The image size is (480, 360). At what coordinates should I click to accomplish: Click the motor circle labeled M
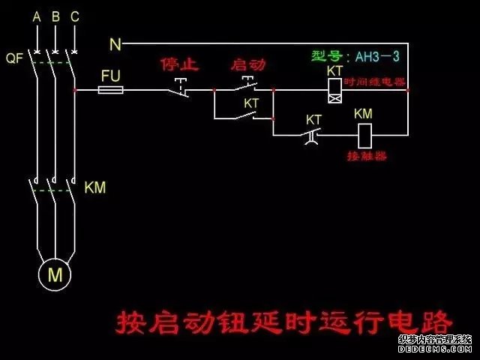pos(55,275)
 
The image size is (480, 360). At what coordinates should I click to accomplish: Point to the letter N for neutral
pos(115,45)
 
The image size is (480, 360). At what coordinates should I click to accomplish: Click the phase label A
pos(36,16)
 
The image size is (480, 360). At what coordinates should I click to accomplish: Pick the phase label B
pos(55,16)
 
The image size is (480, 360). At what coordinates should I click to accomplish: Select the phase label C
pos(74,16)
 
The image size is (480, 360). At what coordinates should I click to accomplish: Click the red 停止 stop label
pos(179,64)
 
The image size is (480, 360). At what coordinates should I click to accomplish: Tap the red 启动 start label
pos(248,64)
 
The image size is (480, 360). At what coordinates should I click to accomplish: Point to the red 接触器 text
pos(367,157)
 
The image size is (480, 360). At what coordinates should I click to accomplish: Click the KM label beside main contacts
pos(95,187)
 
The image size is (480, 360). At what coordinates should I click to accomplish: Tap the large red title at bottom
pos(284,323)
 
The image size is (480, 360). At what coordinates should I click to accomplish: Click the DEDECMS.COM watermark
pos(434,349)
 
